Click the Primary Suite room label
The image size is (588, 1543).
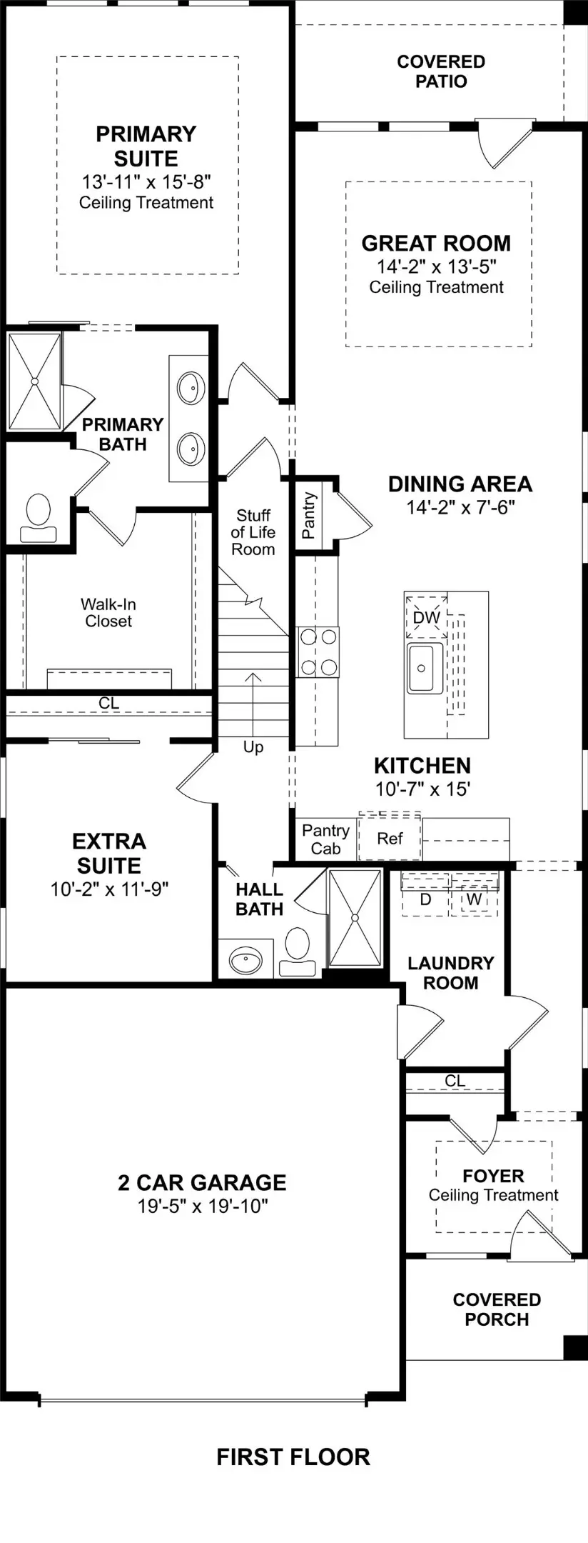[x=146, y=146]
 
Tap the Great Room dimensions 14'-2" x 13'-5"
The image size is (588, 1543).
[x=437, y=266]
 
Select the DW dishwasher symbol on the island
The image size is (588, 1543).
[x=426, y=617]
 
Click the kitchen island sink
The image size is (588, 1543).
[x=425, y=668]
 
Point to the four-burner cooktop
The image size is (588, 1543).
[x=318, y=651]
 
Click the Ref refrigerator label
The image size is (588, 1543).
[x=390, y=839]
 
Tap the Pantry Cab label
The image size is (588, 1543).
[x=325, y=839]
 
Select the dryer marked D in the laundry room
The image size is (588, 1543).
[x=425, y=899]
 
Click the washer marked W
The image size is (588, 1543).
[x=474, y=899]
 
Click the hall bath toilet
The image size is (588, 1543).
[x=297, y=951]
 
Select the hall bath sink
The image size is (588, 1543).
[x=245, y=960]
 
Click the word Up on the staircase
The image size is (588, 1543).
[x=253, y=747]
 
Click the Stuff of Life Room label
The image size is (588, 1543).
[x=253, y=532]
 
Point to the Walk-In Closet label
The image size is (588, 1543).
[x=108, y=613]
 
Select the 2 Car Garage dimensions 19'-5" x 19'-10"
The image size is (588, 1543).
[x=203, y=1207]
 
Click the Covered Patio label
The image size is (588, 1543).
[x=441, y=71]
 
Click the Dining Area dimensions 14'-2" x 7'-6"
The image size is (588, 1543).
[x=460, y=508]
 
